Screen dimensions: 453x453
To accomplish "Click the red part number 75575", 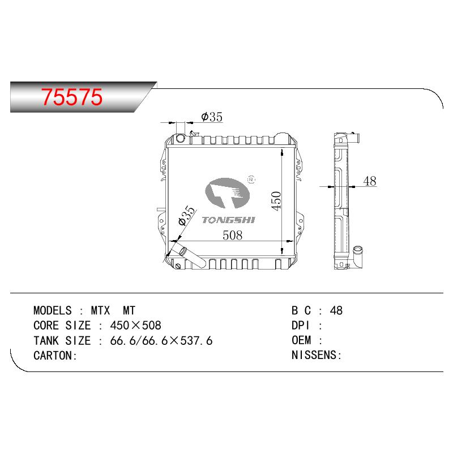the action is point(72,97).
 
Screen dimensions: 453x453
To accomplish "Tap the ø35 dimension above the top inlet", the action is point(212,117).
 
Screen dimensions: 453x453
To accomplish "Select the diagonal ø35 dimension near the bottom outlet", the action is point(187,216).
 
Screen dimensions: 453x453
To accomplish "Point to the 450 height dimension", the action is point(276,201).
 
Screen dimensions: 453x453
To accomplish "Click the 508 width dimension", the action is point(233,236).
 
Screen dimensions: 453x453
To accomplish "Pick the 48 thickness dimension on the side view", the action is point(370,181).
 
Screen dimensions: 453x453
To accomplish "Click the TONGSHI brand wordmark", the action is point(229,220).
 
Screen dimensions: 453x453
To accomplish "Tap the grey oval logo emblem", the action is point(227,193).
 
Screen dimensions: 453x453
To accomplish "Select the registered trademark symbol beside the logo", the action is point(251,179).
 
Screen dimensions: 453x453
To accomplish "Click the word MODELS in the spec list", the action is point(53,310).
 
